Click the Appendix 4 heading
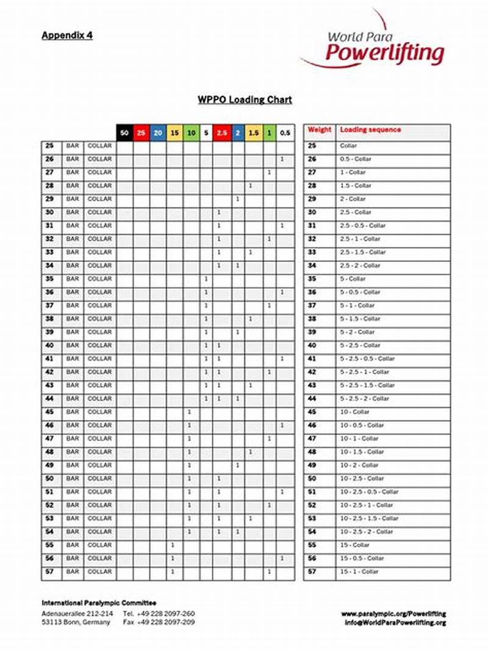[x=67, y=35]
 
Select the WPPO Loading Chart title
[x=245, y=100]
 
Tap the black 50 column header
[x=124, y=133]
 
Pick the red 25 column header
[x=141, y=133]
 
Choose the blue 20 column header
[x=157, y=133]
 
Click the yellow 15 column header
[x=174, y=133]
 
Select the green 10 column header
[x=190, y=133]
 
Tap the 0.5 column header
[x=285, y=133]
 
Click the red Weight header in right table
[x=319, y=130]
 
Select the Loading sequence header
[x=370, y=130]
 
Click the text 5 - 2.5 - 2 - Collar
[x=364, y=399]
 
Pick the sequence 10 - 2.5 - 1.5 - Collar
[x=369, y=518]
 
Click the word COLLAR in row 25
[x=99, y=146]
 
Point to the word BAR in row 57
[x=73, y=572]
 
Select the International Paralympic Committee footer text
[x=99, y=603]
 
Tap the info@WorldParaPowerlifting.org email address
[x=395, y=623]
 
